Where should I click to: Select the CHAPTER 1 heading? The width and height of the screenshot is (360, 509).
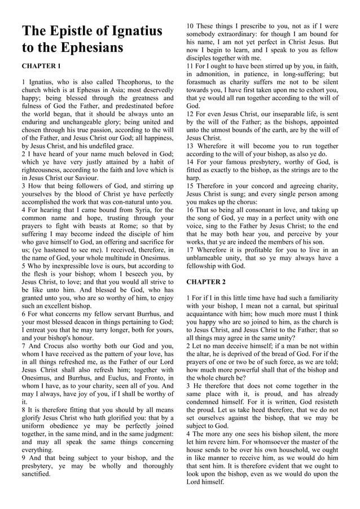[41, 66]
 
